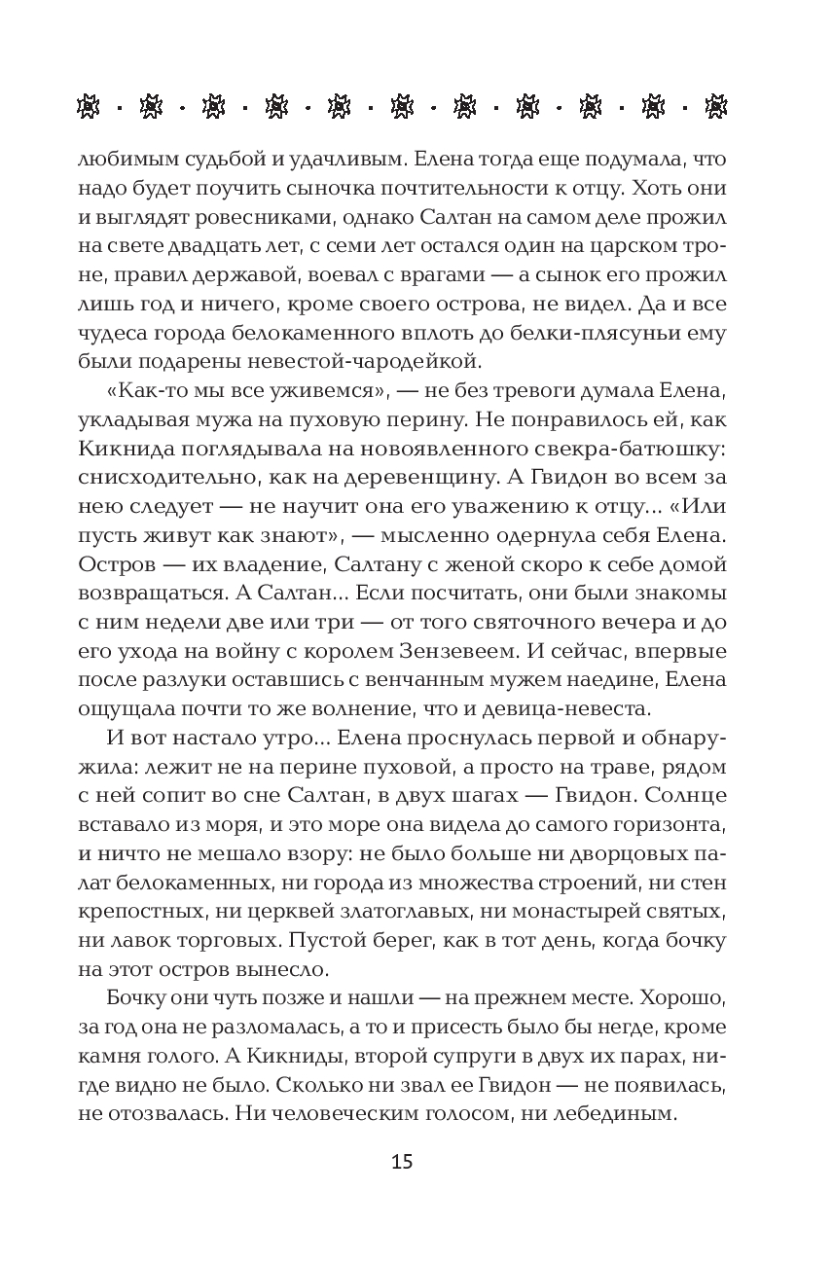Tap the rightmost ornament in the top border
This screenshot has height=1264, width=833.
[x=717, y=106]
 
